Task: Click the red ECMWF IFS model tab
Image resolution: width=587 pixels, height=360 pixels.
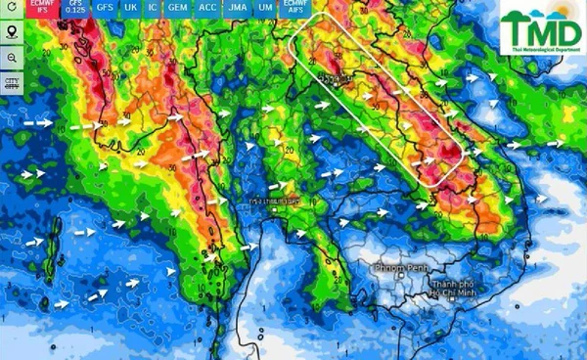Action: [x=43, y=7]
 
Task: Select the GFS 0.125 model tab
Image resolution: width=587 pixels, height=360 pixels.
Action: [x=75, y=7]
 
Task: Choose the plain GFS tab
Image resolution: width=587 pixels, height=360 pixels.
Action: [x=105, y=7]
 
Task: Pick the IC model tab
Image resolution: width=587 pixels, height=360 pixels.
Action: [x=153, y=7]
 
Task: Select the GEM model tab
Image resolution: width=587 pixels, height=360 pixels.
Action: [x=177, y=7]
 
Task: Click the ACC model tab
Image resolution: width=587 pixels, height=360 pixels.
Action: [x=207, y=7]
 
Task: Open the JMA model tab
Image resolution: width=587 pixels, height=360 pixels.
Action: [x=238, y=7]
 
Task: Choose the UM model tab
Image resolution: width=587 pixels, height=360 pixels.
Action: [x=265, y=7]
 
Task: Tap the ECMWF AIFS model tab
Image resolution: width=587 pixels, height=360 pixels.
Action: [x=294, y=7]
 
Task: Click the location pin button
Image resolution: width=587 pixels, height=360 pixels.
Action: [x=12, y=31]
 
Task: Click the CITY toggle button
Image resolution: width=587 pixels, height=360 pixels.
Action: [x=12, y=82]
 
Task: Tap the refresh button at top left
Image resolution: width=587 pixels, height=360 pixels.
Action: [x=12, y=8]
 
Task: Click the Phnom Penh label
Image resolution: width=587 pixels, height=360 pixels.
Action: [x=402, y=266]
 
